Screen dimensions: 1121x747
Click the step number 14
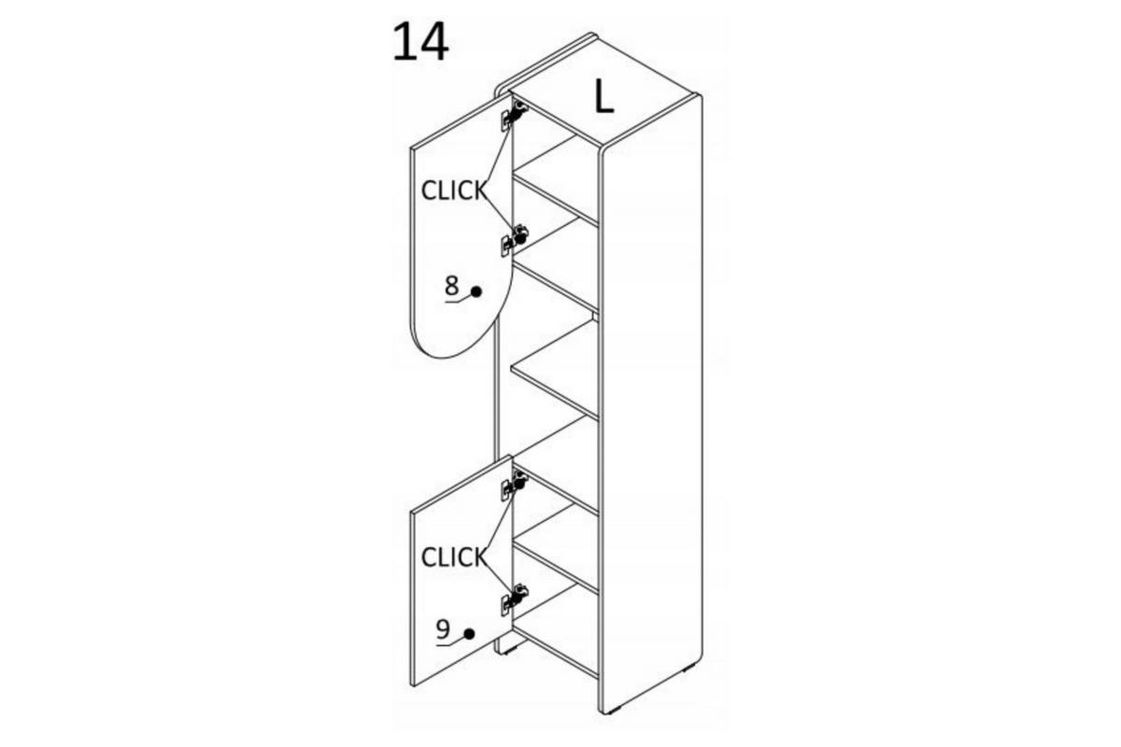pos(420,43)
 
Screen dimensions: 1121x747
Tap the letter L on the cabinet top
pos(604,96)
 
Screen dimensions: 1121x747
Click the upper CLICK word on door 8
pos(453,190)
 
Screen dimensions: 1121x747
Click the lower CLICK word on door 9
pos(453,557)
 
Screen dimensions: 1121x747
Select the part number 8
pos(451,286)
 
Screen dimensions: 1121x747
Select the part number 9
pos(443,629)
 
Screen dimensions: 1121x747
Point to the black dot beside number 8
pos(475,291)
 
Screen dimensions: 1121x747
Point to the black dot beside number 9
pos(469,634)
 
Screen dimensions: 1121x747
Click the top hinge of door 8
pos(514,116)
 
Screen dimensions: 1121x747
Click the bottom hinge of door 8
pos(514,240)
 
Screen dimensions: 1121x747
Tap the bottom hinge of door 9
pos(514,599)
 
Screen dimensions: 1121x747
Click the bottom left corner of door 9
pos(412,685)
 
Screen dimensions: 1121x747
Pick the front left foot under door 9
pos(508,652)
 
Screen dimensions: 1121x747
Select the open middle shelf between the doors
pos(555,369)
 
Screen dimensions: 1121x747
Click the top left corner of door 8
pos(412,148)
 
